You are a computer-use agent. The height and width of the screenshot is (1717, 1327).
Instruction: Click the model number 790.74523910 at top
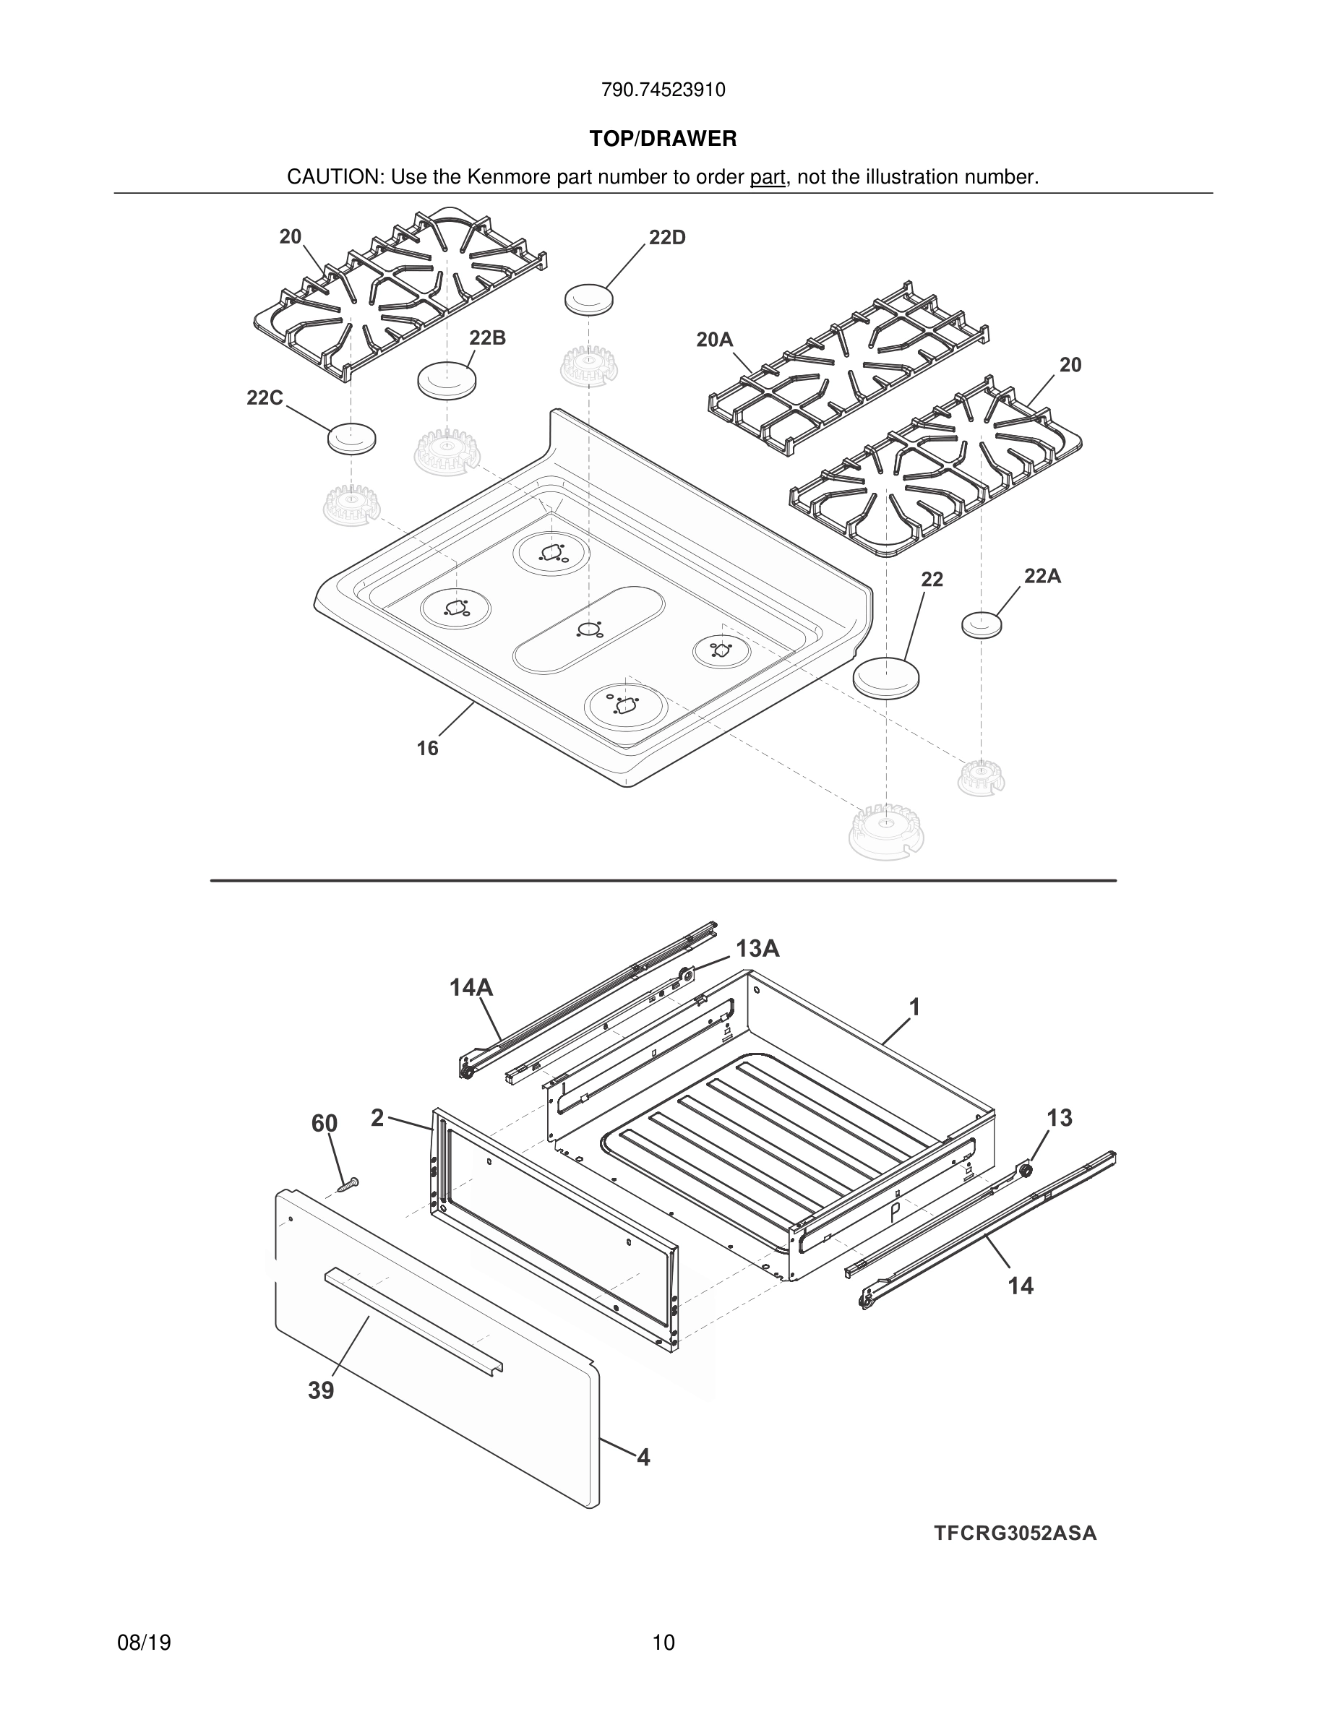(x=663, y=90)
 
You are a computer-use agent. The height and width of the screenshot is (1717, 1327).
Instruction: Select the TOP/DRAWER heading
(x=663, y=139)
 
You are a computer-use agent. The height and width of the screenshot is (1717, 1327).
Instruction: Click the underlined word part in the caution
(x=768, y=178)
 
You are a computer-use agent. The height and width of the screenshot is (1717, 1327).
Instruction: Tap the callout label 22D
(x=666, y=238)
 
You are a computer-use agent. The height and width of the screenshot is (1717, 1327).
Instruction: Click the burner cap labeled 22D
(x=589, y=299)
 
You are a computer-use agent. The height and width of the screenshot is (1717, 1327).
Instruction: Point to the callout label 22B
(x=487, y=338)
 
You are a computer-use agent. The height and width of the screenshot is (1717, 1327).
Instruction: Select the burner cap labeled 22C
(x=351, y=438)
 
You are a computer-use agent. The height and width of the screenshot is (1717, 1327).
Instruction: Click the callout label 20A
(x=714, y=340)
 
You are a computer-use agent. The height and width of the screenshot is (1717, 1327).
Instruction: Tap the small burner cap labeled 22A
(x=982, y=624)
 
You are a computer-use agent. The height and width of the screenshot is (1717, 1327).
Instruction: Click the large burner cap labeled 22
(x=886, y=676)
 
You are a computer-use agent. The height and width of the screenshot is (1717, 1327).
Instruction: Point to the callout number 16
(x=427, y=749)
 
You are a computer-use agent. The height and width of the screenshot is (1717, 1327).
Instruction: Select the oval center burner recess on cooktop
(x=589, y=629)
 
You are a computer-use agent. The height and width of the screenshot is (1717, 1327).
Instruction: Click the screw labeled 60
(x=347, y=1183)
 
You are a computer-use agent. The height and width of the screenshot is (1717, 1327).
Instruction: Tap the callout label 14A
(x=471, y=987)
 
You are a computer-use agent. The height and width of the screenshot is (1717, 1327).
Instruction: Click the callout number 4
(x=643, y=1458)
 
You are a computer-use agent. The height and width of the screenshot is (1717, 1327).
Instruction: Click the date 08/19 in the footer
(x=144, y=1643)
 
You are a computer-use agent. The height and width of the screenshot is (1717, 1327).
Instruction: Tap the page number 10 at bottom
(x=663, y=1643)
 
